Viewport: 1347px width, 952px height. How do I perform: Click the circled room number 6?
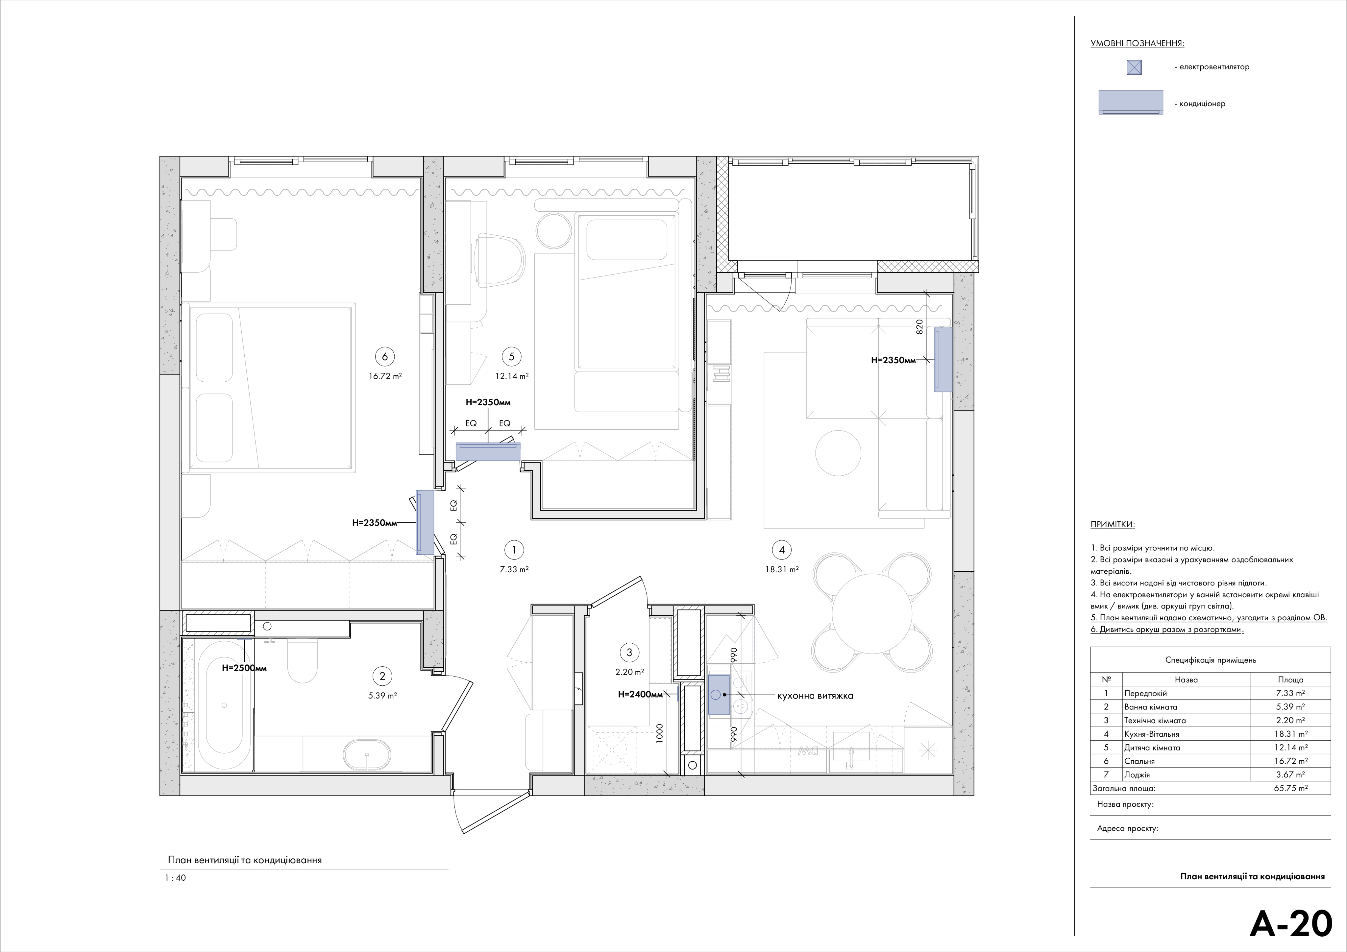pos(384,356)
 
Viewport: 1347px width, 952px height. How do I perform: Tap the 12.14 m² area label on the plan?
pos(512,376)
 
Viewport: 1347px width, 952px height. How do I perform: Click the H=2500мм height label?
pos(244,668)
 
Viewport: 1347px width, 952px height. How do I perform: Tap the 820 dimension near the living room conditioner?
pos(920,326)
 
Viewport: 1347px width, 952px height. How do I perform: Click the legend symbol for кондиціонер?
pos(1131,102)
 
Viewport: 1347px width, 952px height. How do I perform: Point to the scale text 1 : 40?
pos(175,878)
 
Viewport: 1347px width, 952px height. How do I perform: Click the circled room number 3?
pos(629,652)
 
